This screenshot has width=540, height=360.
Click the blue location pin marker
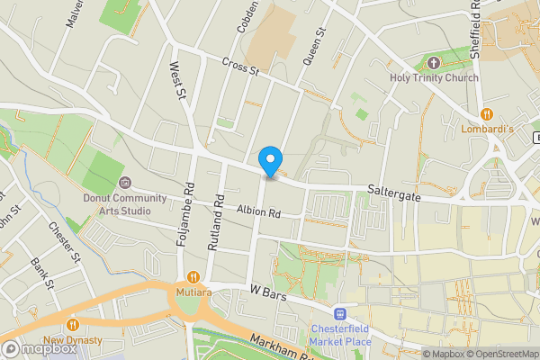click(x=269, y=162)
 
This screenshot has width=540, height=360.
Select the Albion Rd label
click(x=259, y=213)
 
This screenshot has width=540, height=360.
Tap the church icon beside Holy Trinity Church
click(x=434, y=62)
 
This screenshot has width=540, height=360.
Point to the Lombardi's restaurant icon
click(x=487, y=113)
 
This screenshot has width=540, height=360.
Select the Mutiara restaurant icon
click(x=192, y=277)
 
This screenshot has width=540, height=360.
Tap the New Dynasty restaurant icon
click(x=73, y=325)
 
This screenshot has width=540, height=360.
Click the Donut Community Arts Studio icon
click(x=124, y=184)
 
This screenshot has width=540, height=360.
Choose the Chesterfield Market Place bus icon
click(x=340, y=313)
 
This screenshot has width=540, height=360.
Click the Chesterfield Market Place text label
click(x=340, y=335)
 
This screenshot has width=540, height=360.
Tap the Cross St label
click(x=240, y=65)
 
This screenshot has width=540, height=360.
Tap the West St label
click(x=178, y=79)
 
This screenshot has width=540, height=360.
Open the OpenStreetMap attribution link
click(x=501, y=353)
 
